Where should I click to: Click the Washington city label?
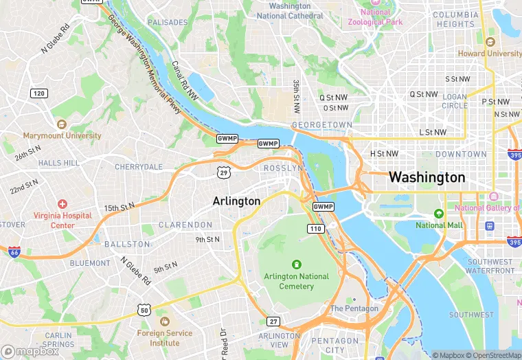[x=427, y=177]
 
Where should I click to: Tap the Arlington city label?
[x=236, y=201]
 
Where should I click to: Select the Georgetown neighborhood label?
[x=321, y=125]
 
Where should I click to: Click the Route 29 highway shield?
[x=223, y=172]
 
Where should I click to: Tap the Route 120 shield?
[x=39, y=93]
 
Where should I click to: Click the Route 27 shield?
[x=273, y=322]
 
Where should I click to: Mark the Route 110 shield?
[x=315, y=228]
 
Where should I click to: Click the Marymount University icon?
[x=62, y=124]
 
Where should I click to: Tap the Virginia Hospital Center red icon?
[x=63, y=204]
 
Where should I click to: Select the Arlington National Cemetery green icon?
[x=297, y=264]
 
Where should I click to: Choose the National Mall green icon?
[x=440, y=214]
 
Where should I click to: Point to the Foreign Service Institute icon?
[x=163, y=322]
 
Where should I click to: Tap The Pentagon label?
[x=354, y=308]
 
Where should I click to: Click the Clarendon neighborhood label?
[x=185, y=225]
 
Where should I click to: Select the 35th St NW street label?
[x=297, y=95]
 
